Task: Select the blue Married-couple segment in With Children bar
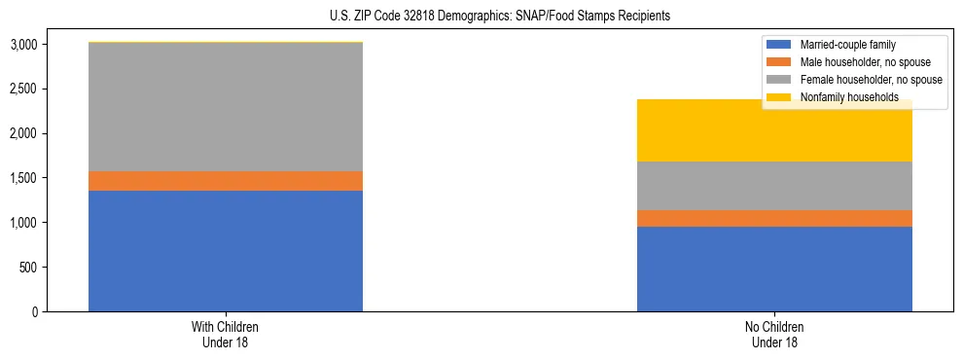226,251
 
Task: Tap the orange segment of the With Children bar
226,181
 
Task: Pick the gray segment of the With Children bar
226,107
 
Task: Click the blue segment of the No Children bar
774,269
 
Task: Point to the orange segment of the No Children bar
774,218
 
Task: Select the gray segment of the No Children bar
774,185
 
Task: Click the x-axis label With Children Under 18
226,334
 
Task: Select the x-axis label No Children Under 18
774,334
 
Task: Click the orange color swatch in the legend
780,62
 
